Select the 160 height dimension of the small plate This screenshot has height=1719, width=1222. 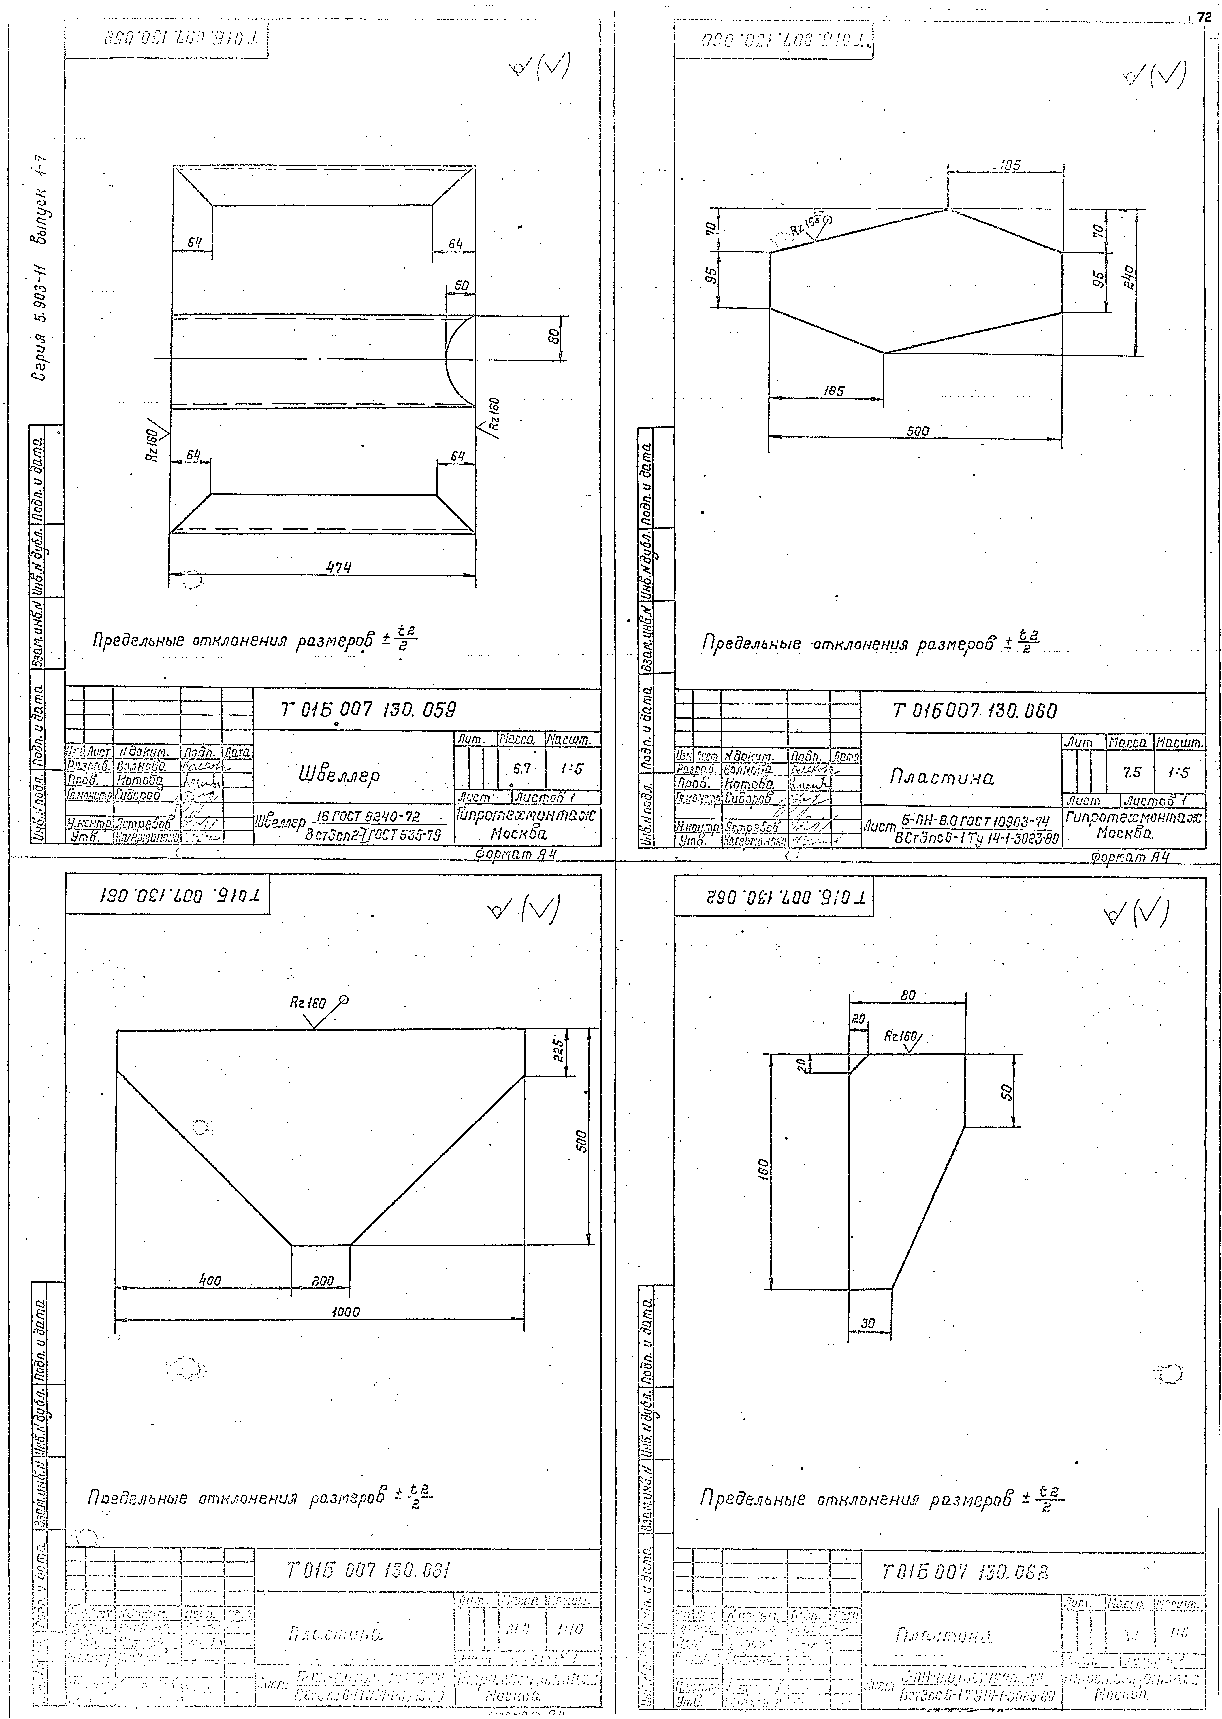tap(763, 1168)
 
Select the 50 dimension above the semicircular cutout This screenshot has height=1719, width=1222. tap(460, 286)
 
